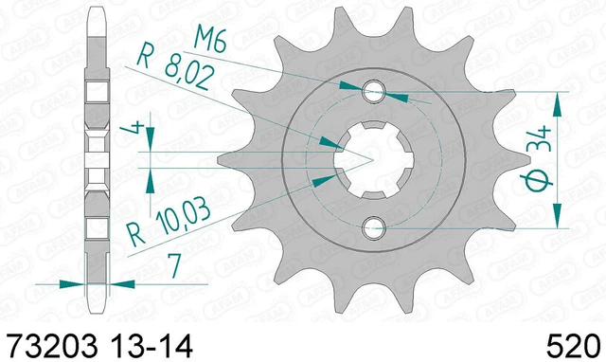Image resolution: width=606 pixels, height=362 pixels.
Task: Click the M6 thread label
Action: [209, 40]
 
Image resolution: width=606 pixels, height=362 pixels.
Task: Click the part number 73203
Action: [53, 345]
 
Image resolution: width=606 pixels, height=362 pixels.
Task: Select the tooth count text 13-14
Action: [151, 345]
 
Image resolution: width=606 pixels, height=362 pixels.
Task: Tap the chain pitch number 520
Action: [574, 345]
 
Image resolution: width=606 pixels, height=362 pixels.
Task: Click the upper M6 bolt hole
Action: [373, 92]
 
